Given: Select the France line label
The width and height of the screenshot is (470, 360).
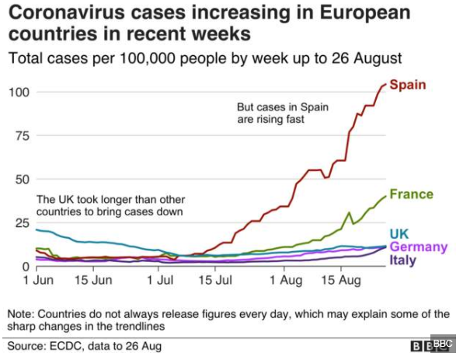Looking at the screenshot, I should point(412,194).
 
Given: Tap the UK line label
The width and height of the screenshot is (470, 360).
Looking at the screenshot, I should point(399,233).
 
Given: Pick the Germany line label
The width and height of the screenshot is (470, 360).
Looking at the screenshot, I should point(418,247).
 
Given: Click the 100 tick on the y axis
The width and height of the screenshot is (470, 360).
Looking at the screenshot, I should point(18,93).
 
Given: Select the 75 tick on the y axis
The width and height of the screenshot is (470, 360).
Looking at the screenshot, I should point(21,136).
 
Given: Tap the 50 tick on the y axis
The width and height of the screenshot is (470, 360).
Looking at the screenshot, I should point(21,180).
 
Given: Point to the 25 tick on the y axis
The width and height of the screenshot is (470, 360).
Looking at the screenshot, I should point(21,223).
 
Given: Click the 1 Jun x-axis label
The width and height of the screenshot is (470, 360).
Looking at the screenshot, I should point(38,279).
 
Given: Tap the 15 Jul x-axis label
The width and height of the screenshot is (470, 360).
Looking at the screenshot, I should point(221,279).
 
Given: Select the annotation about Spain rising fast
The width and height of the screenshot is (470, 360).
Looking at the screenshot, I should point(270,114).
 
